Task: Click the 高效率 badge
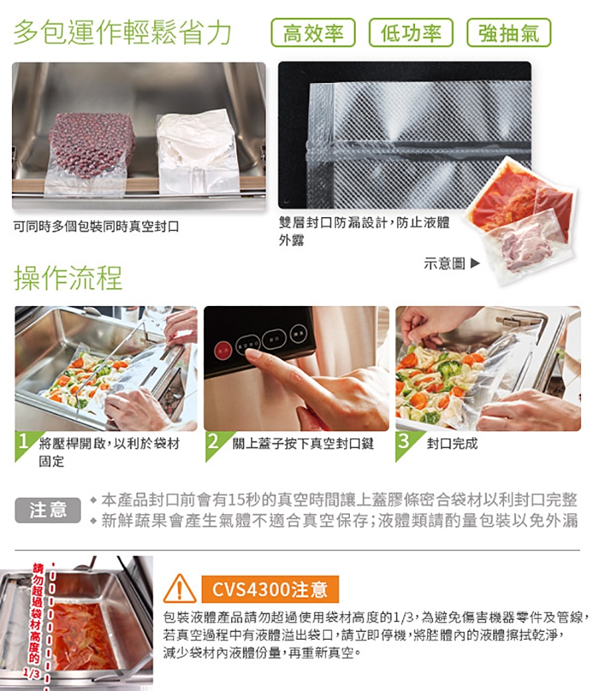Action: coord(314,33)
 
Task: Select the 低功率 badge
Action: coord(411,33)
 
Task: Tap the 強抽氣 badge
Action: coord(508,33)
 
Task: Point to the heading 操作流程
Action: coord(68,277)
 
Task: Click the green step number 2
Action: coord(213,443)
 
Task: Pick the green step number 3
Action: coord(404,443)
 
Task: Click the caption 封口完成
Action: coord(452,444)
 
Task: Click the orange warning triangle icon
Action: coord(179,590)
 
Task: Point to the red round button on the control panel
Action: coord(222,347)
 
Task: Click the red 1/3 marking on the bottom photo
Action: coord(31,672)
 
